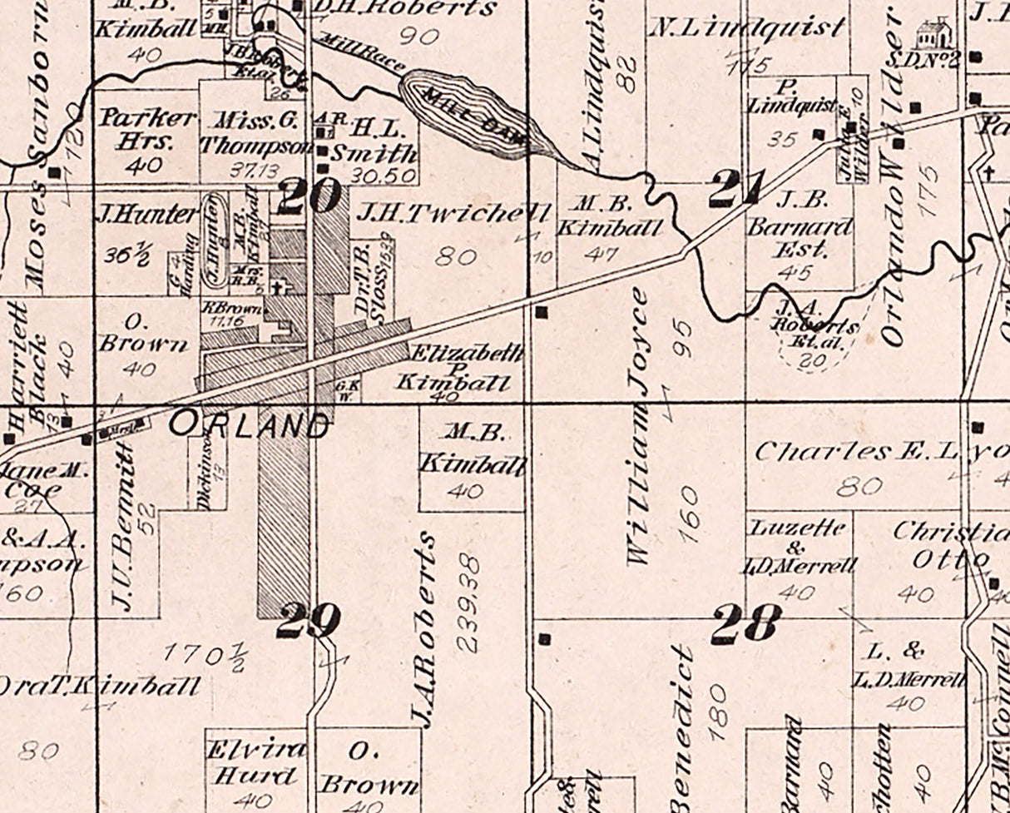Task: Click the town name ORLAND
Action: point(248,426)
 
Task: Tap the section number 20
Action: point(309,196)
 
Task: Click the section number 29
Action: point(309,620)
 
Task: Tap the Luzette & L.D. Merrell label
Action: point(798,547)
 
